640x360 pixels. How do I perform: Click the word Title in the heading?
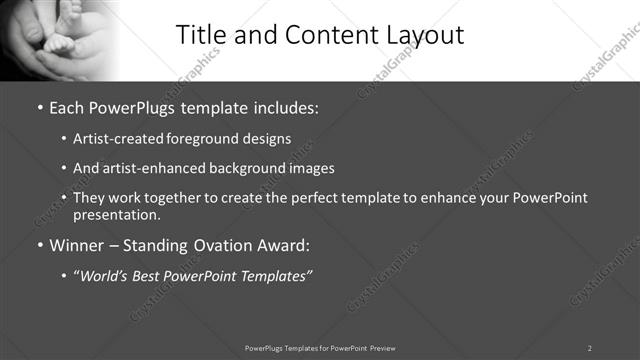(203, 35)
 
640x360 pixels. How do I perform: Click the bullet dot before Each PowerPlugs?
(39, 106)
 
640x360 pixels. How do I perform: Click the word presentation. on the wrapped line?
(116, 214)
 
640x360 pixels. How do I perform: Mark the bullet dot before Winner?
(39, 245)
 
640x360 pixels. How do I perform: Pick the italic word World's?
(105, 276)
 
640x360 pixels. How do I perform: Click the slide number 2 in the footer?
(589, 348)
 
